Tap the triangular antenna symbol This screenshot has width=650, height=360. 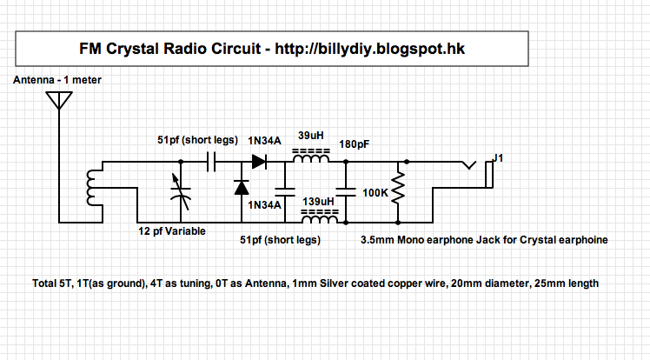[x=58, y=98]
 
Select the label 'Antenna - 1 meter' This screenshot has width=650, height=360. [x=58, y=81]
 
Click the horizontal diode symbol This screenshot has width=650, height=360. [x=258, y=161]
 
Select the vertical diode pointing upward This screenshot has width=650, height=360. [x=241, y=188]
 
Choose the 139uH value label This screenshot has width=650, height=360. [x=317, y=203]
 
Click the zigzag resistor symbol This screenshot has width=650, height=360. [x=398, y=190]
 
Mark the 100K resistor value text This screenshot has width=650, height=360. [x=375, y=190]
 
